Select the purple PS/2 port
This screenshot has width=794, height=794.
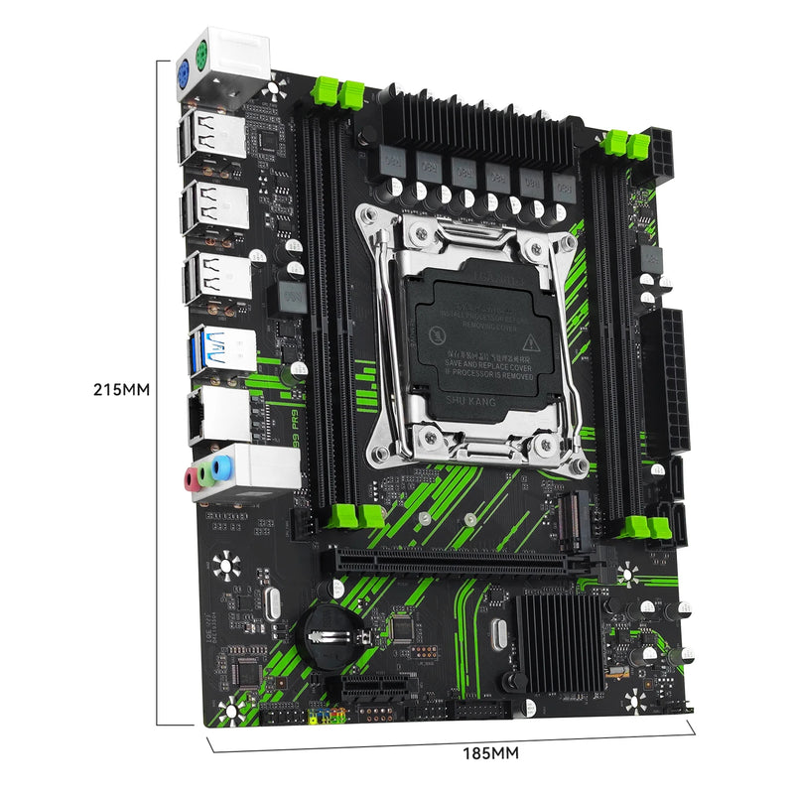[185, 73]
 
